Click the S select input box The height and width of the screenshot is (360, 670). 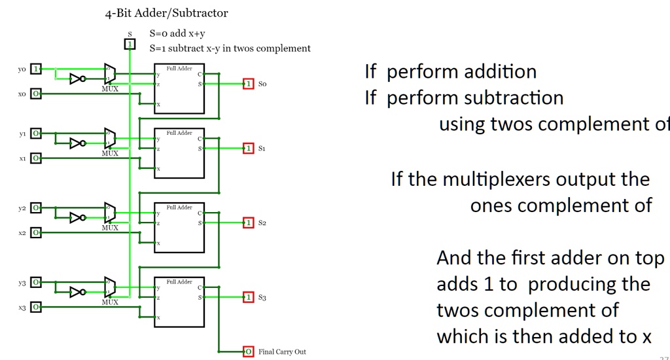point(130,44)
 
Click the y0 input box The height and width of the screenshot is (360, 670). point(37,69)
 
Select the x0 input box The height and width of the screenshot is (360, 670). point(37,94)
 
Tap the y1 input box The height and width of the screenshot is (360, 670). point(37,134)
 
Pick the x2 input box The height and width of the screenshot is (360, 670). point(37,232)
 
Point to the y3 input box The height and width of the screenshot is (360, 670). point(37,282)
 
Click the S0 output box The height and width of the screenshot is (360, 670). point(248,84)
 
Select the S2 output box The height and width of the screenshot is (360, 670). point(248,223)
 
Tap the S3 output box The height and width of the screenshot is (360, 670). point(248,297)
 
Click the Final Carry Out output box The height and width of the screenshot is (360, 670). point(248,351)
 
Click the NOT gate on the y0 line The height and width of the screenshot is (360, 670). point(77,79)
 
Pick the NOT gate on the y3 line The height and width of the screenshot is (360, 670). point(77,292)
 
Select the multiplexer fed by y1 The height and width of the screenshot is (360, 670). point(110,139)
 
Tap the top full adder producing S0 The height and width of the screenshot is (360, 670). point(179,88)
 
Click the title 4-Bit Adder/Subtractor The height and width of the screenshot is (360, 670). point(166,13)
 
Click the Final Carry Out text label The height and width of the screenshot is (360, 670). point(282,352)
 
